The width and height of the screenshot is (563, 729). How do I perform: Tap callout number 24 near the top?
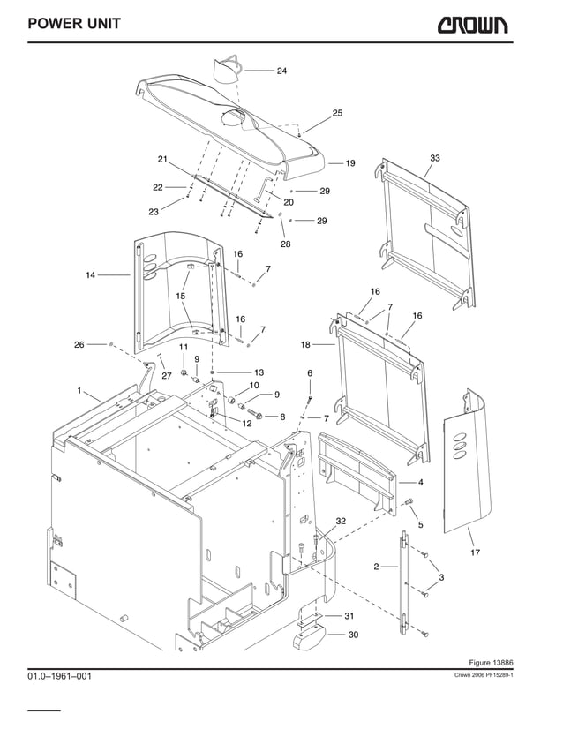click(281, 71)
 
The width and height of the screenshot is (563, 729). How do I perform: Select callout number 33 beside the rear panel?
click(435, 158)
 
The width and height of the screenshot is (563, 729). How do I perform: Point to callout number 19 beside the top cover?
click(349, 163)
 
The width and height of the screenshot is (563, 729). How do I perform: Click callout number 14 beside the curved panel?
click(90, 275)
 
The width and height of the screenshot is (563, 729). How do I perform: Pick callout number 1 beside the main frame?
click(79, 390)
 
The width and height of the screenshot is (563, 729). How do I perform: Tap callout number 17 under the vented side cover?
click(476, 553)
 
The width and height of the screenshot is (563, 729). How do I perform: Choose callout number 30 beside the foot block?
click(353, 635)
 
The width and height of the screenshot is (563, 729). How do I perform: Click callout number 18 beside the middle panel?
click(305, 344)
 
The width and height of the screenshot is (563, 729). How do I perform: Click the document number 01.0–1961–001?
click(59, 676)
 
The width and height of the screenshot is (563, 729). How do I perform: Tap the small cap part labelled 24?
click(229, 69)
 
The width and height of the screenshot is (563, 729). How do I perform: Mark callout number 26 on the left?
click(79, 344)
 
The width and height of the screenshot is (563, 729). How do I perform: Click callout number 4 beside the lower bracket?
click(421, 483)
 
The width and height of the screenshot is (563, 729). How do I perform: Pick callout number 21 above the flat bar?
click(162, 159)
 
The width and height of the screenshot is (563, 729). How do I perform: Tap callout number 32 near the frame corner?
click(341, 522)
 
